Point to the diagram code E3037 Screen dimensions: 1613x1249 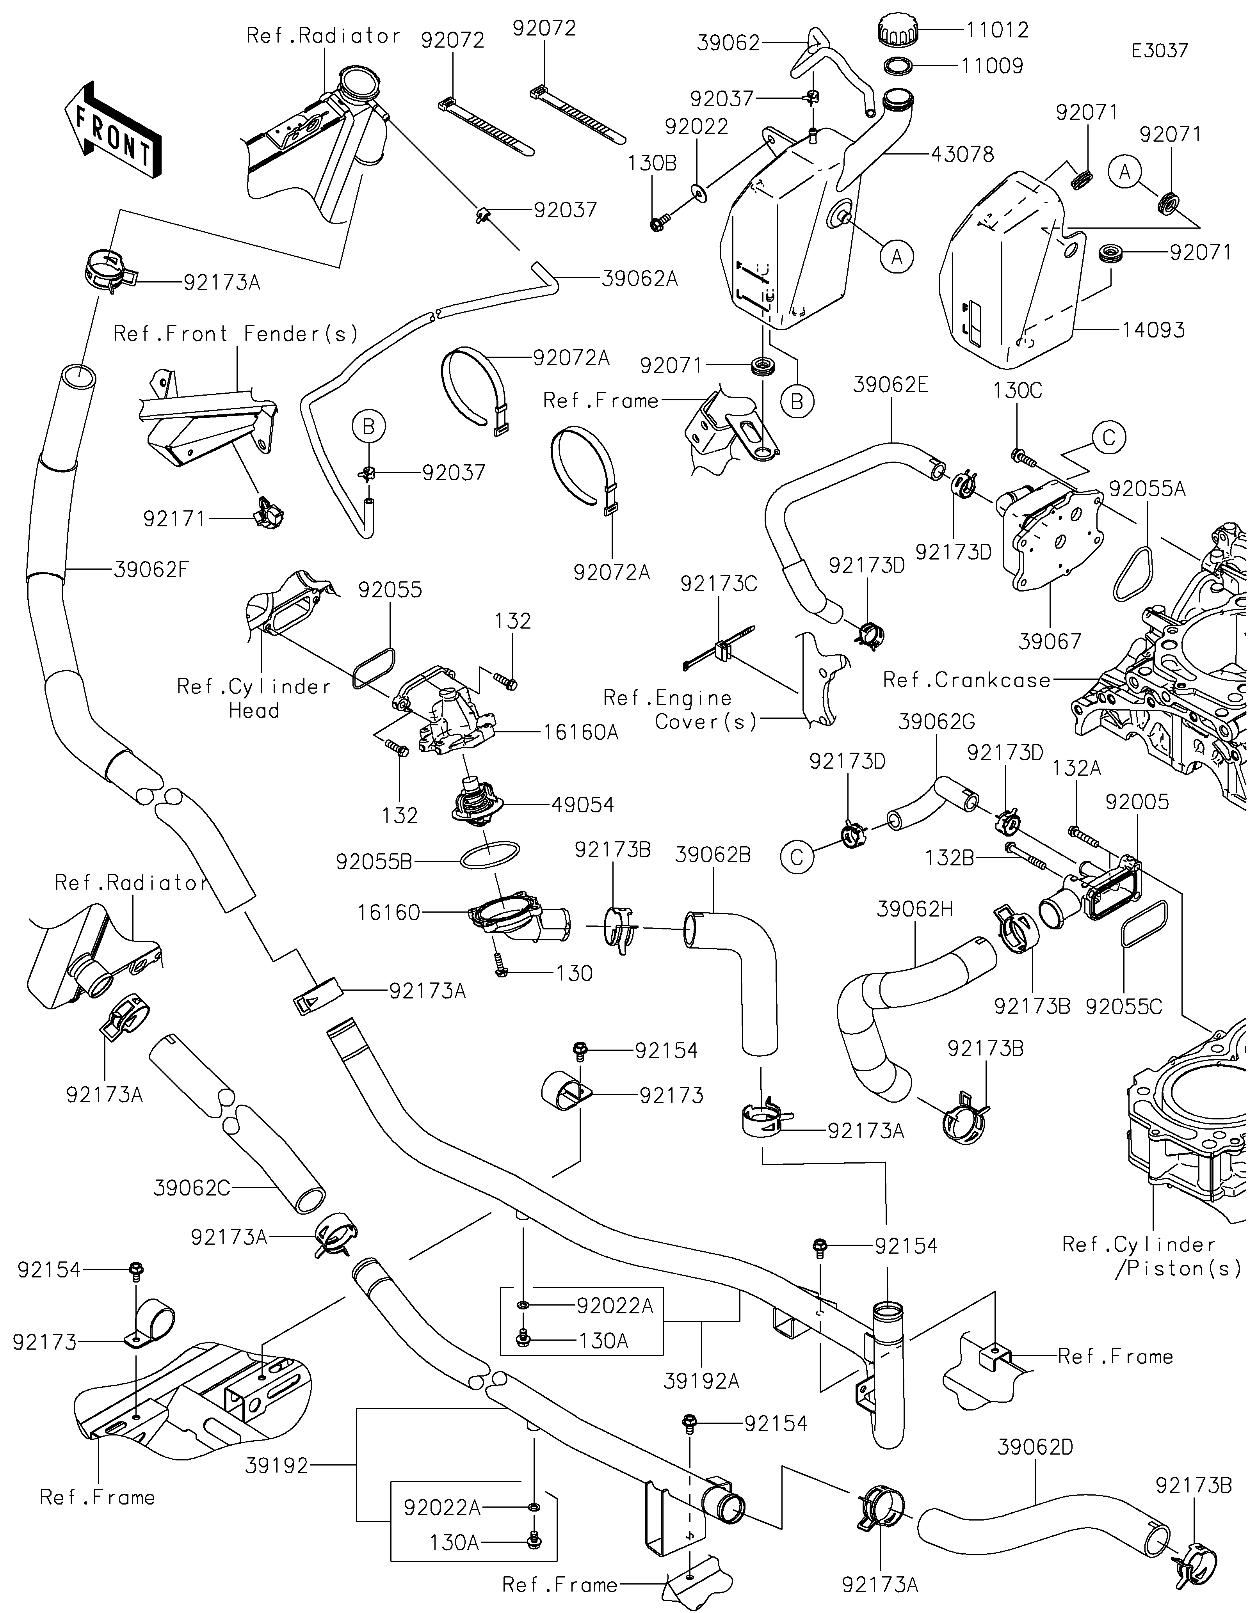pyautogui.click(x=1160, y=51)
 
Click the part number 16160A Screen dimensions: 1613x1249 pyautogui.click(x=580, y=733)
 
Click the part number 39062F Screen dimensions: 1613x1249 pyautogui.click(x=151, y=569)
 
